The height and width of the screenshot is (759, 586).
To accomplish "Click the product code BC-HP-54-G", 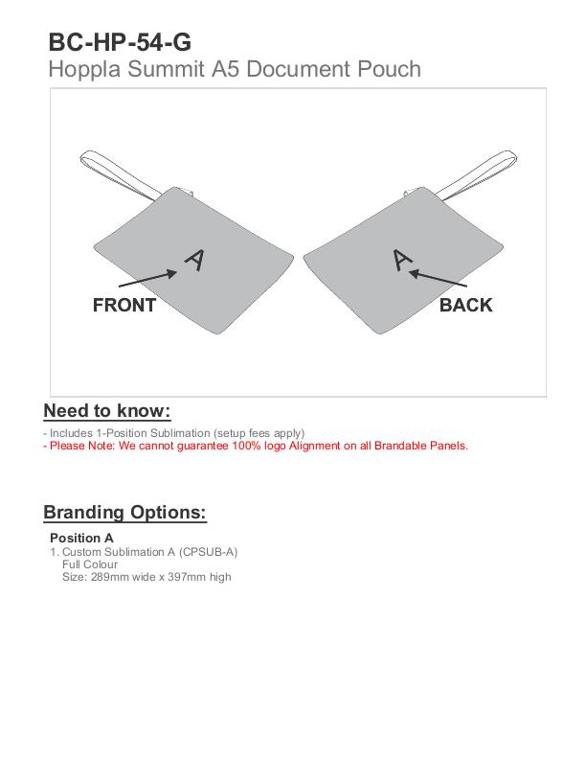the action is pyautogui.click(x=120, y=42).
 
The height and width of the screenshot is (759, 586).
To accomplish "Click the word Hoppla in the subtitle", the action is pyautogui.click(x=84, y=69).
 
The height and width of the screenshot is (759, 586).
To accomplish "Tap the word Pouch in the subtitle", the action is pyautogui.click(x=389, y=69).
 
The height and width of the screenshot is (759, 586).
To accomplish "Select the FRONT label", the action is pyautogui.click(x=124, y=306).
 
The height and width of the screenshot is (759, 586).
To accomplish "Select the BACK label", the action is pyautogui.click(x=466, y=305).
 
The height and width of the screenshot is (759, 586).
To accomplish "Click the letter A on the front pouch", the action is pyautogui.click(x=194, y=261).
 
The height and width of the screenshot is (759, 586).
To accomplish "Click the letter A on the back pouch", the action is pyautogui.click(x=402, y=260).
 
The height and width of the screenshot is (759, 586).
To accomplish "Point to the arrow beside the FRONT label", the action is pyautogui.click(x=147, y=279).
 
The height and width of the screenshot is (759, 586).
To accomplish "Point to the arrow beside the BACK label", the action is pyautogui.click(x=438, y=278).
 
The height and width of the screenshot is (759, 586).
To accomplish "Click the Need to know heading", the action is pyautogui.click(x=107, y=411).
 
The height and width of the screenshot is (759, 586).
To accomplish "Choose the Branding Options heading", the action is pyautogui.click(x=124, y=512).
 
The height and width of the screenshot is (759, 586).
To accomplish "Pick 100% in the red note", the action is pyautogui.click(x=246, y=446).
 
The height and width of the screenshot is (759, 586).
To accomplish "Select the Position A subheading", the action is pyautogui.click(x=81, y=538).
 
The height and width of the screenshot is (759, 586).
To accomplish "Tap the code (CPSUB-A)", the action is pyautogui.click(x=209, y=552).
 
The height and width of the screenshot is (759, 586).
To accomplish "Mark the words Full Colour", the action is pyautogui.click(x=90, y=564).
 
